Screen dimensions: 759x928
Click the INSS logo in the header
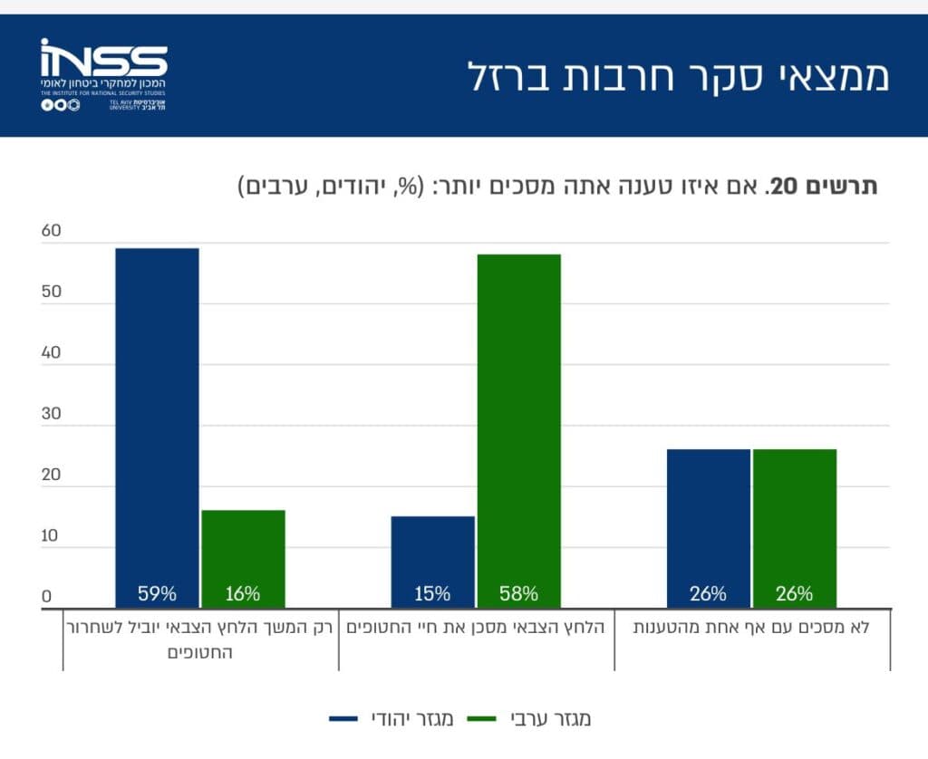point(103,74)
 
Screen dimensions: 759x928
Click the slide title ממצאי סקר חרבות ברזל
point(678,76)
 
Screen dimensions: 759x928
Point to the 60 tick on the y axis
point(51,231)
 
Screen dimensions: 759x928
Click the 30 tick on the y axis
point(51,414)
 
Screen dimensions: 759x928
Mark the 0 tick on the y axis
point(46,597)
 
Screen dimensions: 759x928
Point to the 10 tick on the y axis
point(51,535)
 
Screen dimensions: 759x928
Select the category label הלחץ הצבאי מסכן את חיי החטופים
point(476,627)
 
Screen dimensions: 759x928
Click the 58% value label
point(518,594)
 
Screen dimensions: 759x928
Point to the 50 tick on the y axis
point(51,293)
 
